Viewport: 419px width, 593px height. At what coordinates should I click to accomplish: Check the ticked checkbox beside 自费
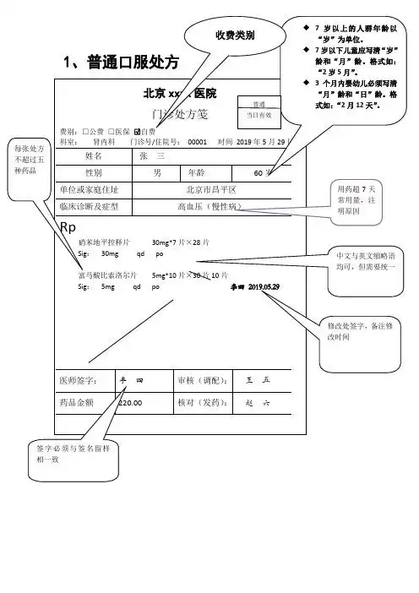(137, 132)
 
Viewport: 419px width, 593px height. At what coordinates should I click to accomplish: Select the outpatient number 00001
(197, 142)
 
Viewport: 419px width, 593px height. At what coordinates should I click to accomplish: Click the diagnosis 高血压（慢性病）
(210, 206)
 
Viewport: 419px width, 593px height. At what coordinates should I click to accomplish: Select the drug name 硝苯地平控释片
(103, 242)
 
